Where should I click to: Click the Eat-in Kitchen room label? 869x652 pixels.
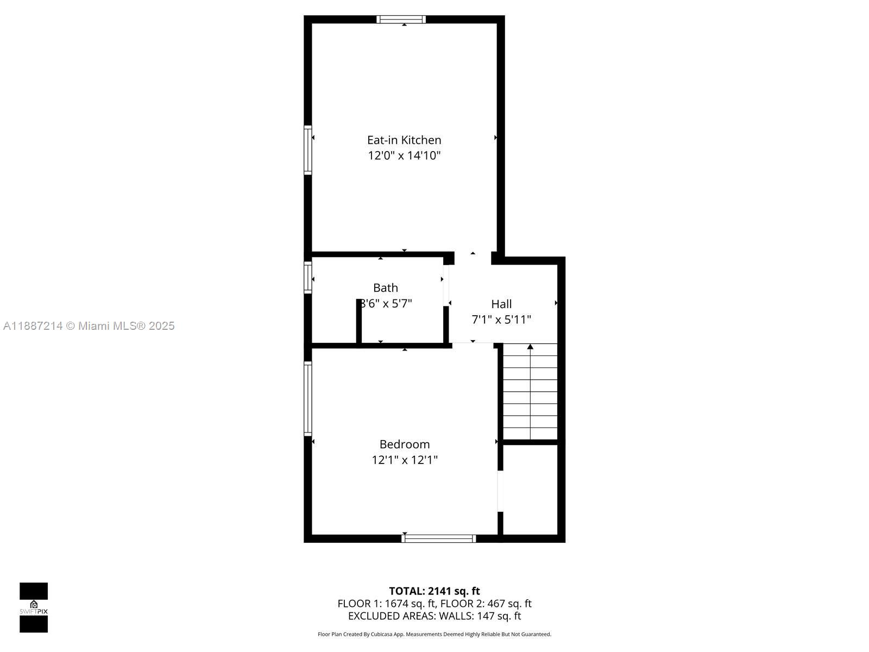pos(404,140)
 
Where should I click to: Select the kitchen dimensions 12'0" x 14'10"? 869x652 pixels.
pos(404,156)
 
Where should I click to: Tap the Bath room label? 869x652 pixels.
pos(386,288)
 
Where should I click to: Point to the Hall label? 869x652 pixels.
pos(501,304)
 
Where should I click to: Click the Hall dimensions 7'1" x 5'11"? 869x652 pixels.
pos(501,319)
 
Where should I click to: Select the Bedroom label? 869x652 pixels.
pos(405,444)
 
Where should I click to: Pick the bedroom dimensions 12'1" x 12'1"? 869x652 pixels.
pos(405,460)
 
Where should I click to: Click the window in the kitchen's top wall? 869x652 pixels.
pos(401,20)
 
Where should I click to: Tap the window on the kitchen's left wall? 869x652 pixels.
pos(308,150)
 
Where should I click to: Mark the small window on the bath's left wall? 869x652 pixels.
pos(308,278)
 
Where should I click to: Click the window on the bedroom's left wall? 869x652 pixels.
pos(308,399)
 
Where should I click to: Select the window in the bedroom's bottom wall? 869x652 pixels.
pos(439,538)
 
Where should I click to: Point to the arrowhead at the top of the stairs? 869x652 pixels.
pos(530,347)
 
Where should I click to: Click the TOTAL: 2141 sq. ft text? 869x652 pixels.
pos(434,591)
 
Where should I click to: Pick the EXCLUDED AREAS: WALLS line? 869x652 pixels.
pos(434,616)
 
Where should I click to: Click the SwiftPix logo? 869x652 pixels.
pos(34,607)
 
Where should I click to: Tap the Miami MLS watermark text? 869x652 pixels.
pos(89,326)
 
